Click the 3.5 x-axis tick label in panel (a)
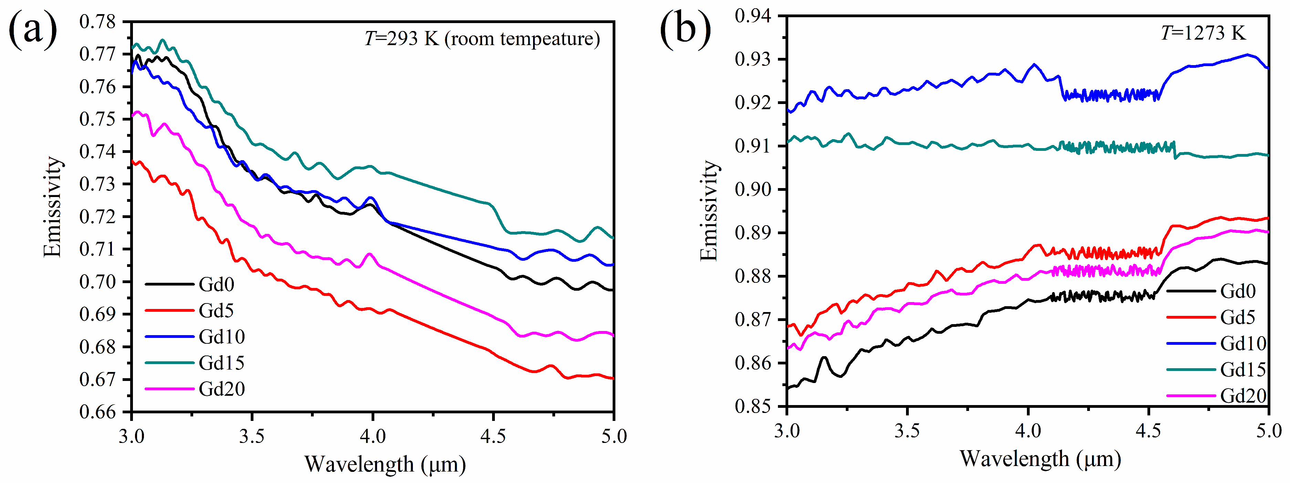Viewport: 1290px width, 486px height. coord(252,436)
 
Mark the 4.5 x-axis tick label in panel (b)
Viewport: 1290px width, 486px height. coord(1148,431)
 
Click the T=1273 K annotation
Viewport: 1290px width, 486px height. coord(1203,33)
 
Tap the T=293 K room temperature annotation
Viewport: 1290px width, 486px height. coord(482,39)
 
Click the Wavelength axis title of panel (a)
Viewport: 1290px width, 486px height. coord(385,464)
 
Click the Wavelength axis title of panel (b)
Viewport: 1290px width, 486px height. coord(1040,459)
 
